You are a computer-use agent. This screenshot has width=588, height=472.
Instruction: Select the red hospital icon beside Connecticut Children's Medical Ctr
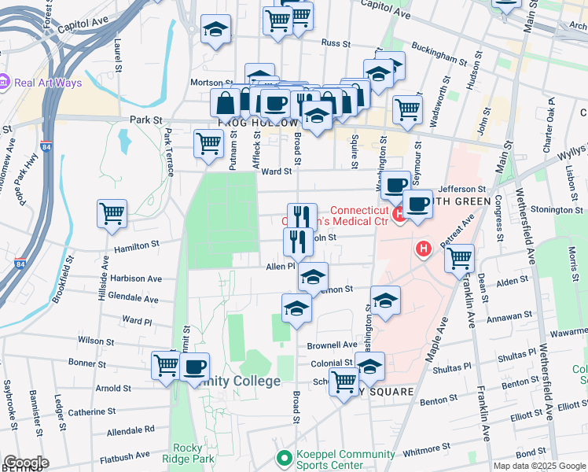point(399,213)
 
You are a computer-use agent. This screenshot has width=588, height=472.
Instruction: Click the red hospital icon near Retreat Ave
point(424,250)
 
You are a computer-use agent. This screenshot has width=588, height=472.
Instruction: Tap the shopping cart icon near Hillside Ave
point(112,212)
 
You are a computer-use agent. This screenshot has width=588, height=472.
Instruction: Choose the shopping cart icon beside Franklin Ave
point(459,257)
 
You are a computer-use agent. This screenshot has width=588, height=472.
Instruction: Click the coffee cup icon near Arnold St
point(194,366)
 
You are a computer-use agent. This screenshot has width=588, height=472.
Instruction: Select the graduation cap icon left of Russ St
point(215,29)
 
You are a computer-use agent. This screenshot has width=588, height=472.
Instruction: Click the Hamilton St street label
point(137,246)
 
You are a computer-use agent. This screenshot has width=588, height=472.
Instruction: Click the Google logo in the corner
point(25,463)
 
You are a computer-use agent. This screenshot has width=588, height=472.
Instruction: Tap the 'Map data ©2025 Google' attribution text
point(538,466)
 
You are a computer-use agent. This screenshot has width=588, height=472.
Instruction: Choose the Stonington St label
point(556,210)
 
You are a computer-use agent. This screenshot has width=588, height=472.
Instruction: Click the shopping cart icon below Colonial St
point(343,382)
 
